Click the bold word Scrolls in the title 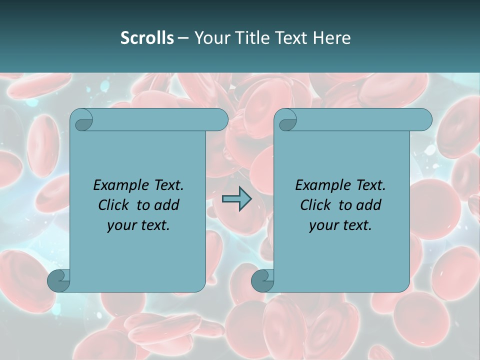(147, 38)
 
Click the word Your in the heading (211, 38)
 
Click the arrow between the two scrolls (236, 199)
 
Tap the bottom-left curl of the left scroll (58, 280)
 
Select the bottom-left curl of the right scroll (262, 280)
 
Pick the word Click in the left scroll (115, 205)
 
